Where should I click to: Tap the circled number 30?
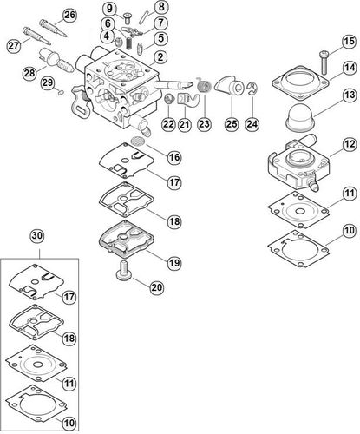(36, 235)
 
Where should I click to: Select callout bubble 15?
(348, 42)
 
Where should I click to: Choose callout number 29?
(49, 83)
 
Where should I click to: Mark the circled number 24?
(252, 124)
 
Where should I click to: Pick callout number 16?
(173, 157)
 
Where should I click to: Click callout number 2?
(161, 57)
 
